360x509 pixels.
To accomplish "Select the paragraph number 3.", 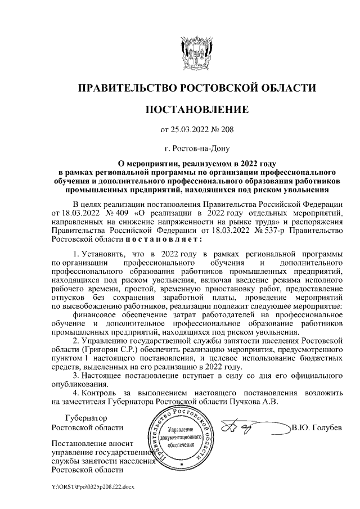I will point(78,375).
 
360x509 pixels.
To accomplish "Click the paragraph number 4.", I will point(78,392).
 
